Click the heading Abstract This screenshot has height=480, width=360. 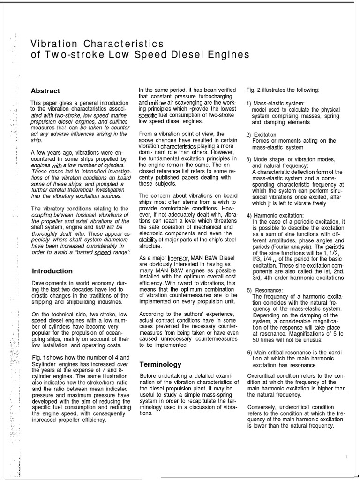45,91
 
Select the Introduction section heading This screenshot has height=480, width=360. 52,271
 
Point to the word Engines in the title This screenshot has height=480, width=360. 231,55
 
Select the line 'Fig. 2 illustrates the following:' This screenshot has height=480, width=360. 283,90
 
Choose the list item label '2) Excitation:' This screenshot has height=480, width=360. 262,135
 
